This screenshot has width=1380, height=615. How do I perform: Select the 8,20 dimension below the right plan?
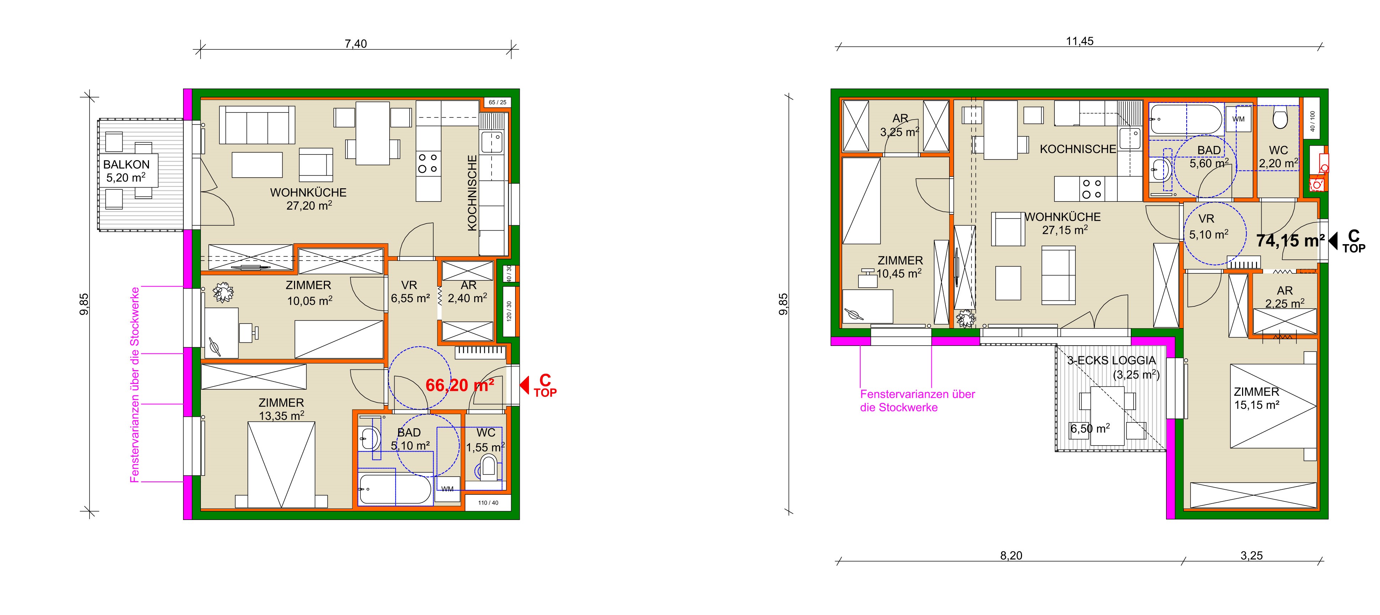[x=1011, y=556]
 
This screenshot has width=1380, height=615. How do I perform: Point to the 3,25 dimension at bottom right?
[x=1251, y=556]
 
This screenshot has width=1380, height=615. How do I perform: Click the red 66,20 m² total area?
[x=460, y=385]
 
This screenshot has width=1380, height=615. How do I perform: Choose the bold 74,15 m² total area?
[x=1290, y=241]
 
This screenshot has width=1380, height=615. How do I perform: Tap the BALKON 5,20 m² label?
[x=127, y=171]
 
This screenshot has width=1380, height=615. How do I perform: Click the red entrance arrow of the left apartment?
[x=524, y=384]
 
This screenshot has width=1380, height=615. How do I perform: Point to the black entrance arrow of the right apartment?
[x=1333, y=240]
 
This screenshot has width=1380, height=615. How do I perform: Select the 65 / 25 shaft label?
[x=497, y=102]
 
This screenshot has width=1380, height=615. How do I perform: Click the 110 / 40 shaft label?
[x=488, y=503]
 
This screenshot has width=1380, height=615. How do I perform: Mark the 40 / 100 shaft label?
[x=1312, y=121]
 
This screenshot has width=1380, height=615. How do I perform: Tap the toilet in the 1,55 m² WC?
[x=488, y=467]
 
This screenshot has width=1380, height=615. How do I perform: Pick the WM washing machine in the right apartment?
[x=1238, y=119]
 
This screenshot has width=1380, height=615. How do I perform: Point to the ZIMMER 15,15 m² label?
[x=1256, y=398]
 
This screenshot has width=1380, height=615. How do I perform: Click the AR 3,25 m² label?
[x=900, y=125]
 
